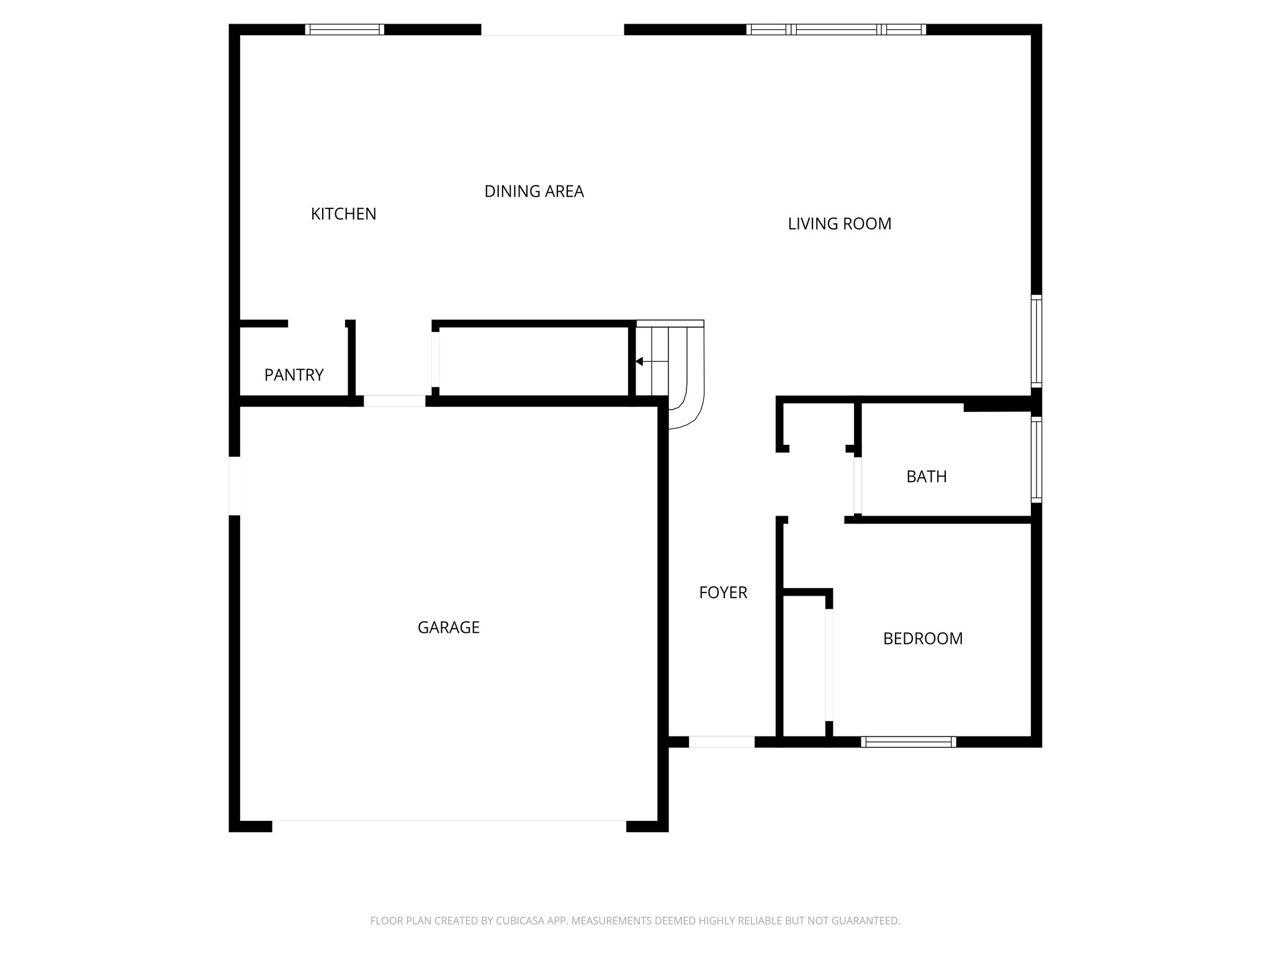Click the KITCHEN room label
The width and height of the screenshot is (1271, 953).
[x=343, y=214]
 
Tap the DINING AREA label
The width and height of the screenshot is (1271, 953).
[x=534, y=192]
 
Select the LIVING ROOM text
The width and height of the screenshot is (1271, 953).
[x=839, y=224]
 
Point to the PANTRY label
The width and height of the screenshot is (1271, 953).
[x=294, y=375]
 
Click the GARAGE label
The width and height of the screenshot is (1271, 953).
[x=448, y=628]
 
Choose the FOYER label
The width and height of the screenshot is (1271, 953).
[x=723, y=593]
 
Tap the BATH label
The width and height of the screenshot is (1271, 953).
[x=926, y=477]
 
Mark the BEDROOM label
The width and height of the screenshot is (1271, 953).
[x=922, y=639]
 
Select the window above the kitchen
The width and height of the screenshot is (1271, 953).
[x=344, y=29]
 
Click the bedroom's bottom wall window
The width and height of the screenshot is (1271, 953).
[x=909, y=741]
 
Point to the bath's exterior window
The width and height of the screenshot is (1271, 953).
[x=1036, y=459]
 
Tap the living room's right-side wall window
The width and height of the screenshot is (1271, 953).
[x=1036, y=341]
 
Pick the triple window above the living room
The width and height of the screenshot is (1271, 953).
[x=836, y=29]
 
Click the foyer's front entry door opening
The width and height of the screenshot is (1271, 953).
[x=722, y=741]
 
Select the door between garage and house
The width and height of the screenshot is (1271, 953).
[x=394, y=401]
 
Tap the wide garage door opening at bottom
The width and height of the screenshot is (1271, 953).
[x=449, y=826]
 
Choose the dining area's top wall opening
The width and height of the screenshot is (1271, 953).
[x=552, y=30]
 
